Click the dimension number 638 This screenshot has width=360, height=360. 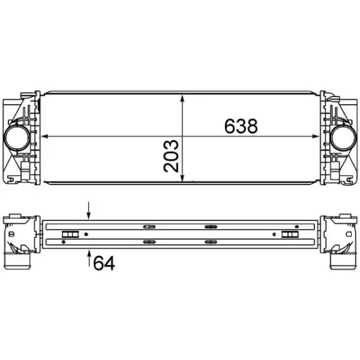click(x=241, y=126)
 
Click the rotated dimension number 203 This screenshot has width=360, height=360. click(x=171, y=156)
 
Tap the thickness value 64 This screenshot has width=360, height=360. click(x=104, y=263)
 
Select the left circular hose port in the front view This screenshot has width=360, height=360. click(x=17, y=138)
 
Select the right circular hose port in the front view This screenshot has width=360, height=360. click(x=343, y=138)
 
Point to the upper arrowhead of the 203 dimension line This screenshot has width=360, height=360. click(x=183, y=99)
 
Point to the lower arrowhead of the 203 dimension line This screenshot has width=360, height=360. click(x=183, y=177)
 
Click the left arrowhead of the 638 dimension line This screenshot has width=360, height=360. click(x=44, y=136)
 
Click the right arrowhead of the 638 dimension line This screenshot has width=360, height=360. click(x=316, y=136)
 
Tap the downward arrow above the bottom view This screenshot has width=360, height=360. click(x=89, y=211)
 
